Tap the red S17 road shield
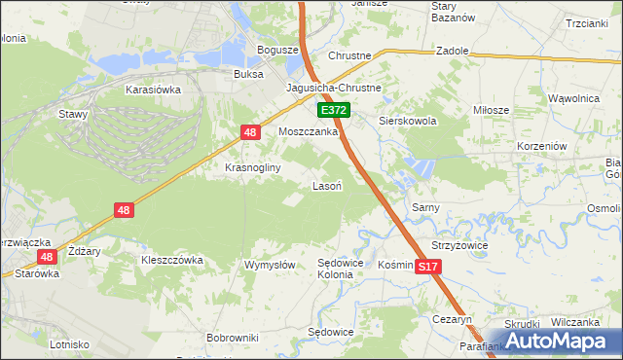(426, 266)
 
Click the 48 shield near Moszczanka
(250, 132)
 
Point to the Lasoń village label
(325, 185)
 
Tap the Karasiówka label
(149, 89)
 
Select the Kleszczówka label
(171, 260)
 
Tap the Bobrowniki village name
(232, 338)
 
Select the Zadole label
(454, 50)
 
